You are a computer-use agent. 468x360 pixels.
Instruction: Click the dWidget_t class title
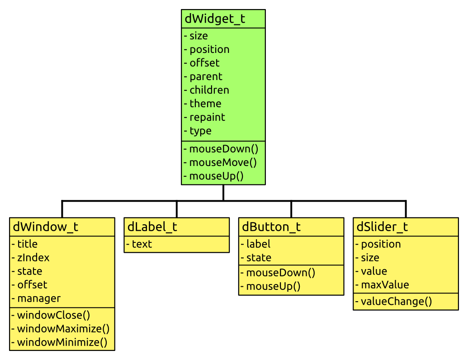pos(215,19)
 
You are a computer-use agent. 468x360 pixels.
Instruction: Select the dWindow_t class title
pos(46,227)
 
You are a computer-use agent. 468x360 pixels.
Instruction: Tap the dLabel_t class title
pos(152,227)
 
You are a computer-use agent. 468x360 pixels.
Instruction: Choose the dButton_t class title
pos(271,227)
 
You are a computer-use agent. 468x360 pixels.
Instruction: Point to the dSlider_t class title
pos(383,227)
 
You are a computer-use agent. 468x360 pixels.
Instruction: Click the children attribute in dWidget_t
pos(209,90)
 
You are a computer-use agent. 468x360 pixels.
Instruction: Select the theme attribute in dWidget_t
pos(205,104)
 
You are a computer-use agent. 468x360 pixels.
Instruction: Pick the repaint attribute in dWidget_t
pos(207,117)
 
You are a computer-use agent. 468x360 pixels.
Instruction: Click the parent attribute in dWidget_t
pos(206,76)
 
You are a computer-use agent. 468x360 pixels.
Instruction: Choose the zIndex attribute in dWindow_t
pos(33,258)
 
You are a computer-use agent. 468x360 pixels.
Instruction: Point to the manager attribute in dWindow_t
pos(38,298)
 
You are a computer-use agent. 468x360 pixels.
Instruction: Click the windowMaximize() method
pos(63,329)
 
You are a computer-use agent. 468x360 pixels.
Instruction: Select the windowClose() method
pos(53,315)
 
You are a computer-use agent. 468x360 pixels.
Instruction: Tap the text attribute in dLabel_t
pos(142,244)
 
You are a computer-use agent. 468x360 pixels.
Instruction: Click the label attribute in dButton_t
pos(258,244)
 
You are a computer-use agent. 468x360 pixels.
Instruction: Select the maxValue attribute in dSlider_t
pos(384,285)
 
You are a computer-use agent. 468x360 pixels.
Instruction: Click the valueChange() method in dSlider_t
pos(396,302)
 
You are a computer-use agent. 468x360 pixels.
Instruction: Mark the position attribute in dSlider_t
pos(381,244)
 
